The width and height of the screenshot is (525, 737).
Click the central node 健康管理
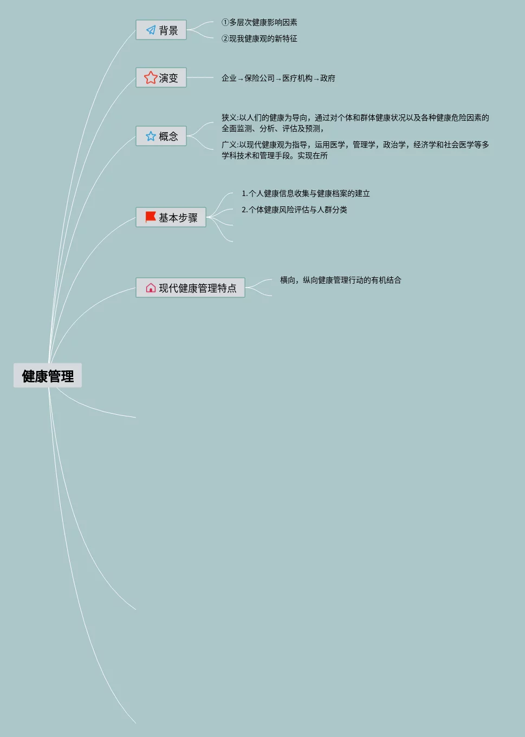click(x=48, y=376)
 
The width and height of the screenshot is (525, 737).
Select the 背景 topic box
click(x=161, y=30)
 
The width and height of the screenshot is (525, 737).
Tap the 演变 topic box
click(x=161, y=78)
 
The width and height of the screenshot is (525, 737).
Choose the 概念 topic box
click(x=161, y=136)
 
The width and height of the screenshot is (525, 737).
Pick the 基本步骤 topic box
click(x=171, y=218)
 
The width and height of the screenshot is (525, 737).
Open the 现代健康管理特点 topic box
click(x=190, y=288)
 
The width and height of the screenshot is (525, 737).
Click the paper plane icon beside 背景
click(x=151, y=30)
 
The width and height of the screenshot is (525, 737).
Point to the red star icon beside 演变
click(x=150, y=78)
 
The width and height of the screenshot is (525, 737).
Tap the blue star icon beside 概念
click(x=151, y=136)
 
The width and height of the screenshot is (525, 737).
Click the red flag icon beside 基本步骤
click(x=151, y=217)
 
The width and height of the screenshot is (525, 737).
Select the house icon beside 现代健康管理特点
click(x=151, y=288)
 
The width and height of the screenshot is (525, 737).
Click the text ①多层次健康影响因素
click(x=259, y=22)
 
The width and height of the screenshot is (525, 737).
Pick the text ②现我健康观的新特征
click(x=259, y=38)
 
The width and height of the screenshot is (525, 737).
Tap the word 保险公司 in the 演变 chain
click(x=259, y=79)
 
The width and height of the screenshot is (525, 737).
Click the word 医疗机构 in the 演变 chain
click(x=297, y=79)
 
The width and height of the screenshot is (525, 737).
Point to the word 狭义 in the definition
click(x=229, y=118)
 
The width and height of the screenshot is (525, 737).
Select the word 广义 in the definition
click(x=229, y=145)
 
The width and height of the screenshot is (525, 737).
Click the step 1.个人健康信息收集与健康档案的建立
click(x=306, y=193)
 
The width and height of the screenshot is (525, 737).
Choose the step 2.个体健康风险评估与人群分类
click(x=294, y=210)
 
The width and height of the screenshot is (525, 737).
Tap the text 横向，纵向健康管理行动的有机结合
click(x=340, y=280)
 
